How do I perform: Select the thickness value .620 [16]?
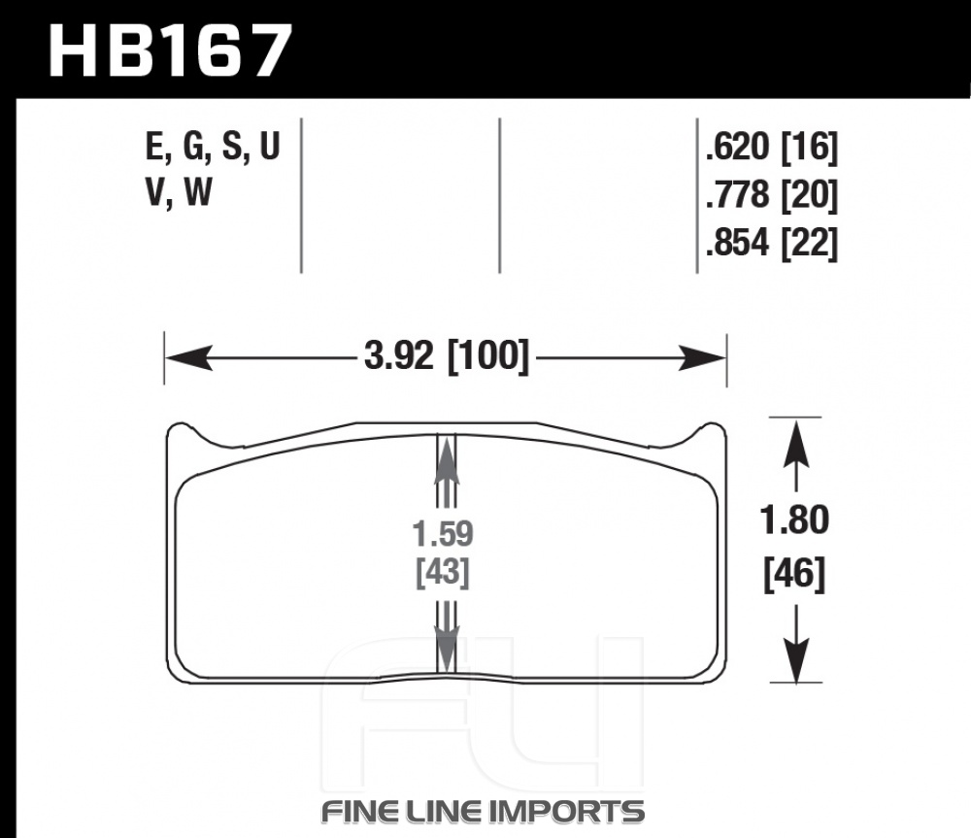coord(772,148)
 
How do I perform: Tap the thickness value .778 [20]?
coord(772,195)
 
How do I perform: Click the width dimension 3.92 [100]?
coord(447,356)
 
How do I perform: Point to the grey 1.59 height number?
coord(444,533)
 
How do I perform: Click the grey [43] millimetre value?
coord(443,572)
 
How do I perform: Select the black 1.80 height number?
coord(794,520)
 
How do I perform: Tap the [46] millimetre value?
coord(794,574)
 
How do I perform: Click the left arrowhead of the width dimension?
coord(189,358)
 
